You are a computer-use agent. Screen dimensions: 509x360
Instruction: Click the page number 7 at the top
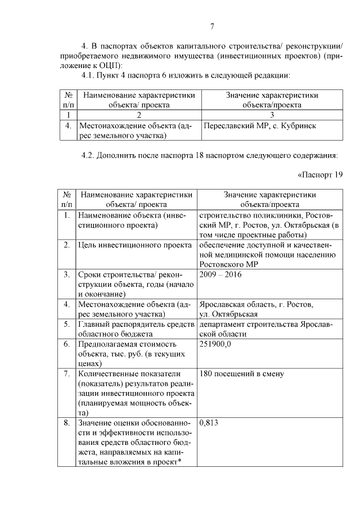point(212,26)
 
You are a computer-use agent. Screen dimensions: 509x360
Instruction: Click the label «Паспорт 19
point(319,173)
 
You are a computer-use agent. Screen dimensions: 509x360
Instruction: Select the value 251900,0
point(215,344)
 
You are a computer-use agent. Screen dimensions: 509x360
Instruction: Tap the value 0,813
point(209,424)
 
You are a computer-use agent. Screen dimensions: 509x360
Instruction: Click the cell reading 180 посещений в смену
point(241,373)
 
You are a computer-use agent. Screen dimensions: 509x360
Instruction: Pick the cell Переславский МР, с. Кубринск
point(256,127)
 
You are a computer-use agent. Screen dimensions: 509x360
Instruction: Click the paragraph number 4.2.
point(90,154)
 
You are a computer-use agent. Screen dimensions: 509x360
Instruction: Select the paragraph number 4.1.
point(90,75)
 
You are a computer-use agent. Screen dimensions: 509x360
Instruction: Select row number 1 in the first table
point(67,115)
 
